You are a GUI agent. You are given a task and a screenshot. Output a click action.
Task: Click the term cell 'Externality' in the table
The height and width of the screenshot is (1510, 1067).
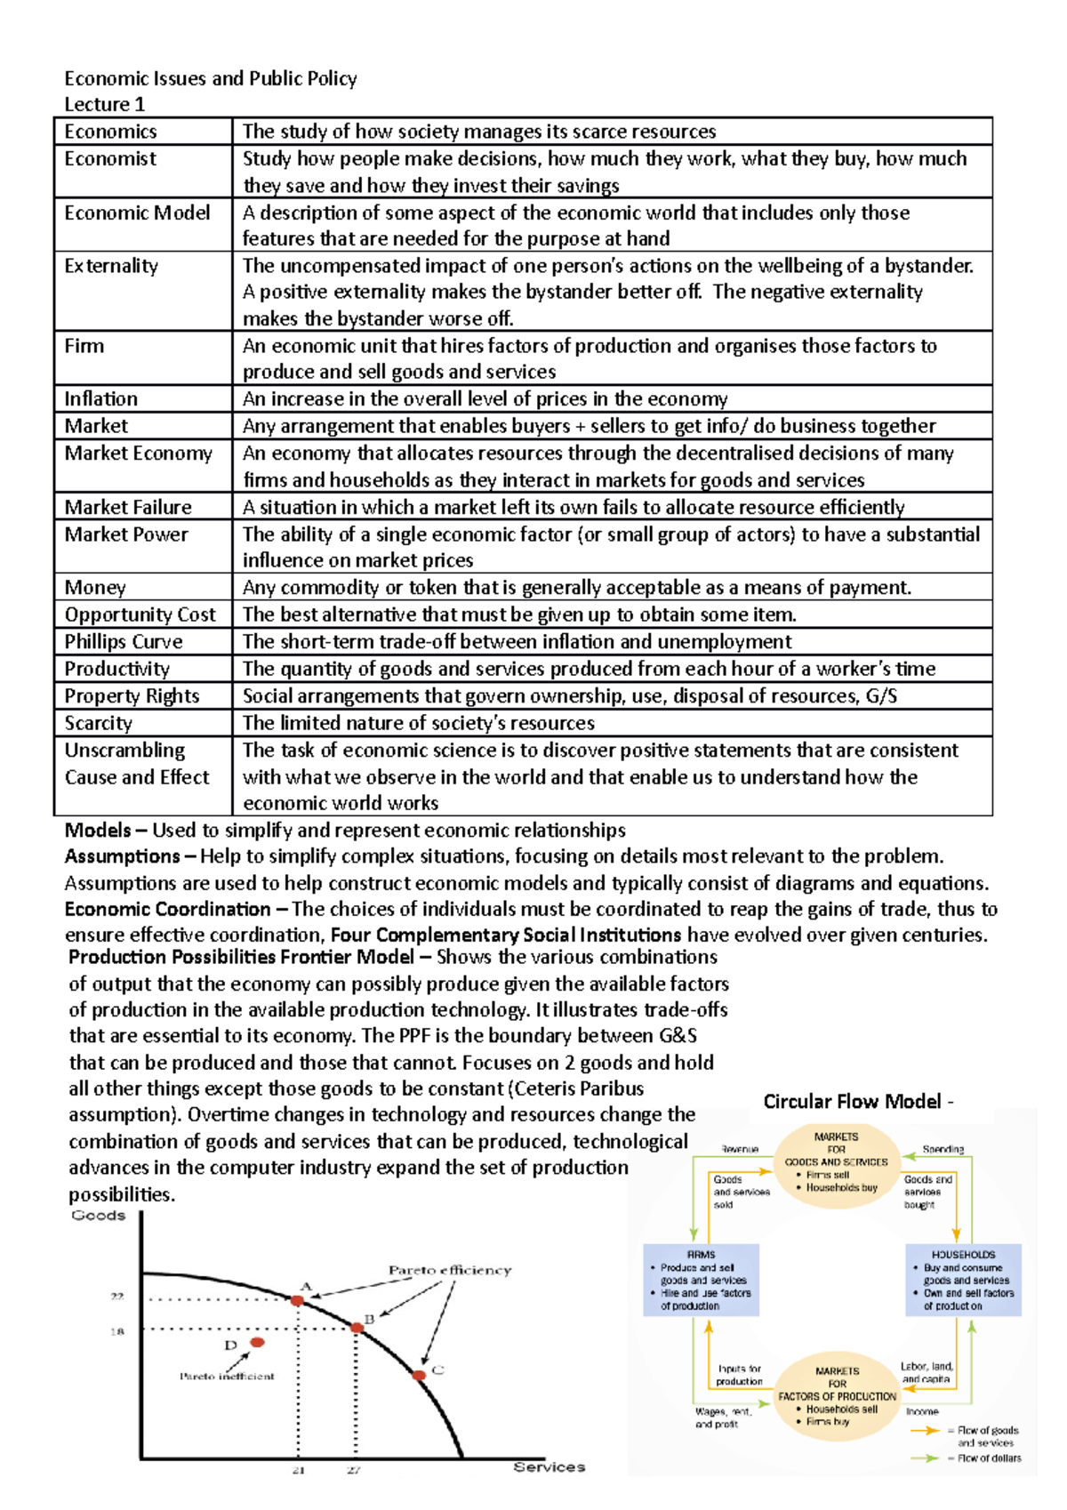pos(111,266)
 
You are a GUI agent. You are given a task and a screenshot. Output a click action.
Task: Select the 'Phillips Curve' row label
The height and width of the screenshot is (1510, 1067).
pos(124,642)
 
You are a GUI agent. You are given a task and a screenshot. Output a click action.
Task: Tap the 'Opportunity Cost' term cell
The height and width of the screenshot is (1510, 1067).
pos(140,614)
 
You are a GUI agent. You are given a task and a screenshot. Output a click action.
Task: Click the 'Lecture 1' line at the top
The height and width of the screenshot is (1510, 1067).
pos(104,104)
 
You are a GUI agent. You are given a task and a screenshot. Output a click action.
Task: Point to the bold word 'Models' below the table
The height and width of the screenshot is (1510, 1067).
pos(97,831)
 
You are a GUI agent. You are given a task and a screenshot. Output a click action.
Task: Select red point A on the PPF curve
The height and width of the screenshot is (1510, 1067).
pos(298,1300)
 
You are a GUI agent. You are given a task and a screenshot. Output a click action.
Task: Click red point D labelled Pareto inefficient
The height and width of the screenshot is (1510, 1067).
pos(257,1342)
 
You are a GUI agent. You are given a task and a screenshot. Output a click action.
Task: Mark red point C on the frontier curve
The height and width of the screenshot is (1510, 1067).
pos(419,1375)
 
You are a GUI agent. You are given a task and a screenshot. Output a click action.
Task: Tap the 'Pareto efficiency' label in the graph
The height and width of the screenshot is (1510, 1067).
pos(449,1270)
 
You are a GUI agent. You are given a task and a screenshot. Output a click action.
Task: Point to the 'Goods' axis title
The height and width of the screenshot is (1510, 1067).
pos(98,1216)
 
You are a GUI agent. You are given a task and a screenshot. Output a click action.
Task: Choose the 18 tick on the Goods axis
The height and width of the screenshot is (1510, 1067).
pos(116,1331)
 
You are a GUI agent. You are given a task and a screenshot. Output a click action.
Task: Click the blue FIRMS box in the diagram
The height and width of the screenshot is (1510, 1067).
pos(701,1280)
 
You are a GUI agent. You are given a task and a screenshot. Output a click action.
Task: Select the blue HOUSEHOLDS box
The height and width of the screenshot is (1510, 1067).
pos(963,1280)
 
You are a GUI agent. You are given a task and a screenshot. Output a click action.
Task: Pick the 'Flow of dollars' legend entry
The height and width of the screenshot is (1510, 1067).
pos(988,1458)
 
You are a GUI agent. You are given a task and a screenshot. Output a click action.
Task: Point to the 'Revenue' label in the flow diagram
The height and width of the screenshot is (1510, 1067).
pos(740,1149)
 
